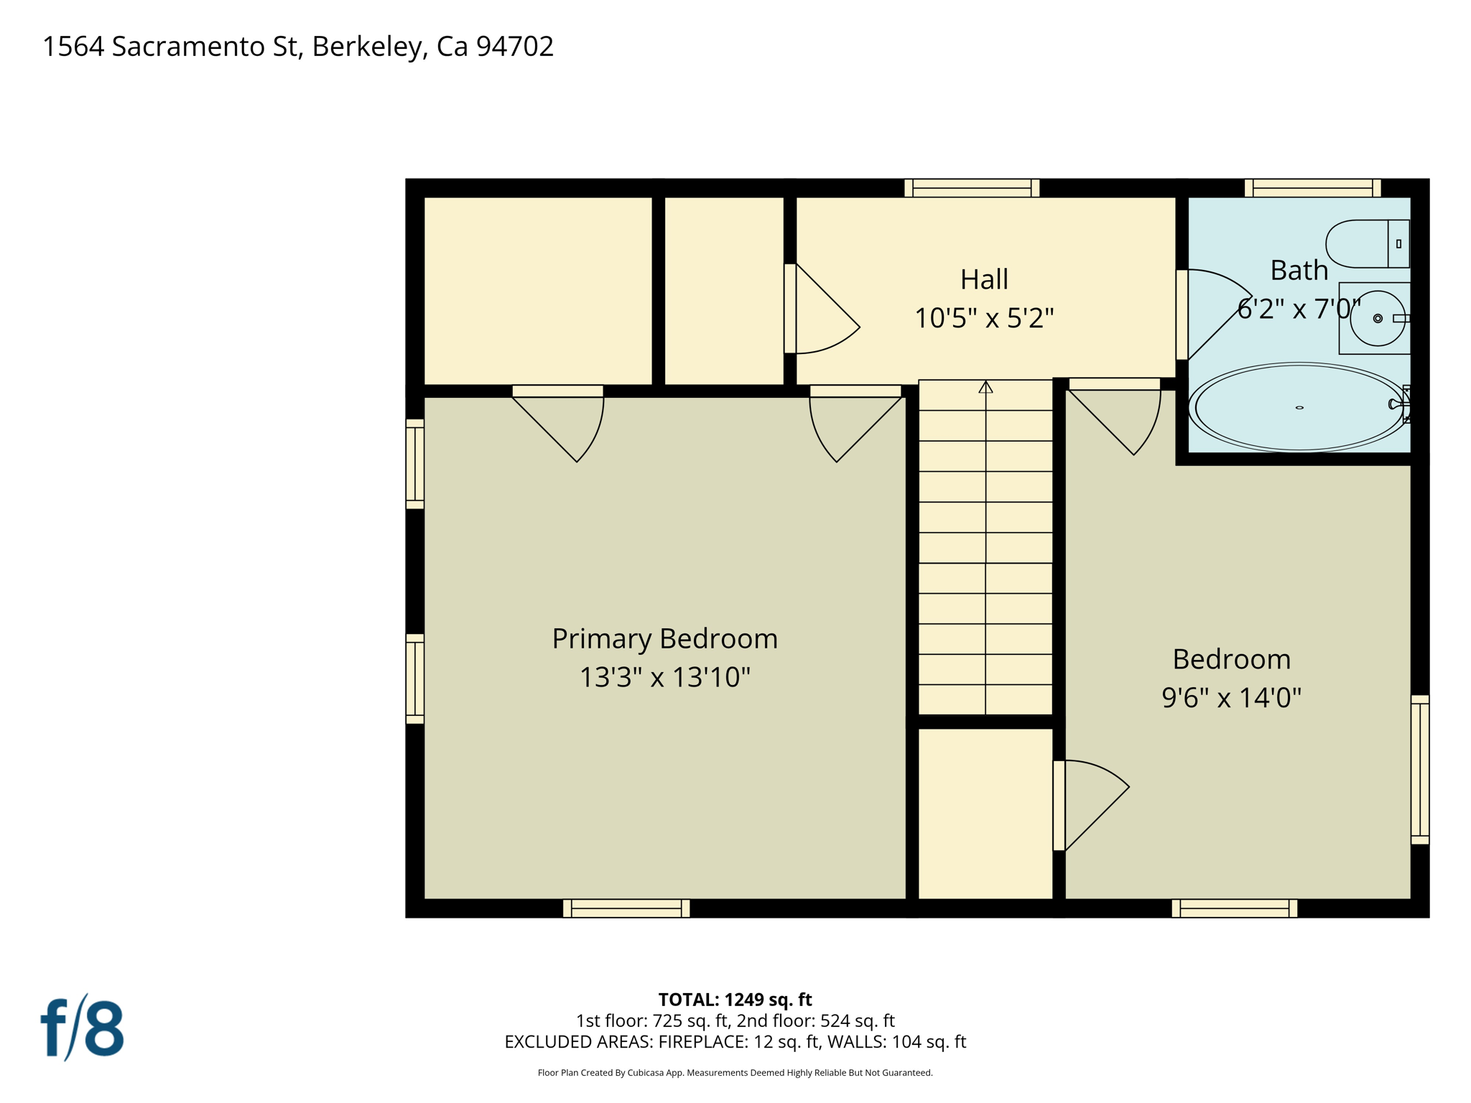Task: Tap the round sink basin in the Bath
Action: pos(1376,318)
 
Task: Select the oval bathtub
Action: pos(1299,407)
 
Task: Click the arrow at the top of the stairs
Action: pos(985,387)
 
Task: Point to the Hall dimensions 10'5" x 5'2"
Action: pos(984,318)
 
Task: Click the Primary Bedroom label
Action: pos(664,638)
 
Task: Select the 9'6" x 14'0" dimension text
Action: pos(1231,697)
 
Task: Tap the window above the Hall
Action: pos(971,188)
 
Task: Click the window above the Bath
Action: pos(1312,188)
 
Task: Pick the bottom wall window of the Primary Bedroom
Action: pos(626,908)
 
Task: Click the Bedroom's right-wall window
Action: pos(1419,769)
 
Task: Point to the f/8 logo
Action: pos(82,1028)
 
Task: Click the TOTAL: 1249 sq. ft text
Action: pos(735,1000)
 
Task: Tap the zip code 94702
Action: pos(515,47)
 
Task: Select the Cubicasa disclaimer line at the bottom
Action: pos(735,1073)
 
